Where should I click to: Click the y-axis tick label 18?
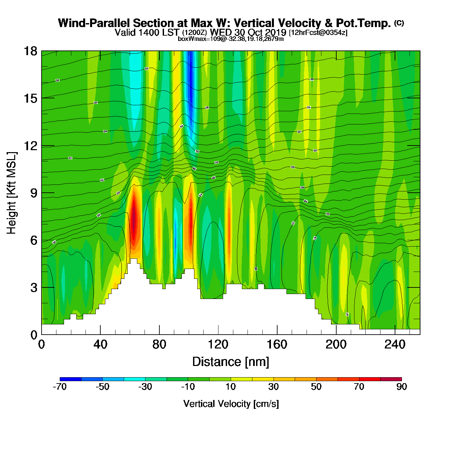tap(30, 51)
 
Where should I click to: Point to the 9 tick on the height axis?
tap(34, 193)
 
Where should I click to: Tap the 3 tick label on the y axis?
tap(34, 288)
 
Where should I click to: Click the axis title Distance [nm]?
tap(231, 362)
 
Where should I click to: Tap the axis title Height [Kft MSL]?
tap(12, 193)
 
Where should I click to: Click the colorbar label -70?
tap(60, 387)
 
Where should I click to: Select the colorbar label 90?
tap(402, 387)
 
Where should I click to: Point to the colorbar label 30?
tap(273, 387)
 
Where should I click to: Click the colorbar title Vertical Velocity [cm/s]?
tap(231, 404)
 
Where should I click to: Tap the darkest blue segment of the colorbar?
tap(70, 379)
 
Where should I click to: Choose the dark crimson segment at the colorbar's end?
tap(391, 379)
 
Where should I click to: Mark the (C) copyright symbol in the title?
tap(399, 23)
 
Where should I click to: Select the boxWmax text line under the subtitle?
tap(231, 39)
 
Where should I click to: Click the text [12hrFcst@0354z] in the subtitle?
tap(318, 33)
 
